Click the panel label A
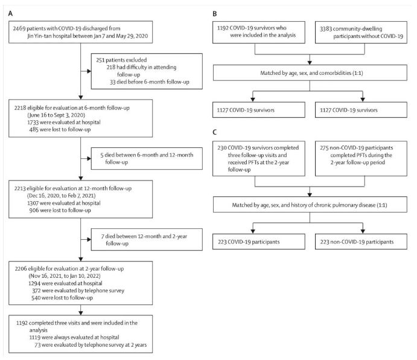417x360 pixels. (x=10, y=13)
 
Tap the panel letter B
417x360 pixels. (x=215, y=14)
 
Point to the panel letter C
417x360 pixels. (x=215, y=132)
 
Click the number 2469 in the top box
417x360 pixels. (x=19, y=28)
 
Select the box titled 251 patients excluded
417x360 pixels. (x=147, y=71)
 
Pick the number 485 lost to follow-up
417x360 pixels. (x=34, y=130)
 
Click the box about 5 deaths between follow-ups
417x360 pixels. (x=147, y=158)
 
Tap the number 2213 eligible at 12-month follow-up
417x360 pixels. (x=20, y=188)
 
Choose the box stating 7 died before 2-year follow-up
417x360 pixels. (x=147, y=239)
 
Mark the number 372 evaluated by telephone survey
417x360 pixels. (x=36, y=291)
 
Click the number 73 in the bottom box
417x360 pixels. (x=37, y=345)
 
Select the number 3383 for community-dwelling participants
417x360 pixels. (x=325, y=29)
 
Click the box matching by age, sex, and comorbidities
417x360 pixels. (x=310, y=72)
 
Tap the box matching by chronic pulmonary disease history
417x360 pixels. (x=310, y=205)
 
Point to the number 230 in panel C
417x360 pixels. (x=222, y=148)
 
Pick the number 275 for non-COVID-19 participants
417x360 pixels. (x=324, y=148)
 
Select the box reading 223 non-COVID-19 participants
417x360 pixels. (x=361, y=242)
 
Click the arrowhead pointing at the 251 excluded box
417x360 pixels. (x=89, y=71)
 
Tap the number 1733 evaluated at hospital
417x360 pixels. (x=33, y=123)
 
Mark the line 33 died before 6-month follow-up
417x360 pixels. (x=150, y=82)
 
